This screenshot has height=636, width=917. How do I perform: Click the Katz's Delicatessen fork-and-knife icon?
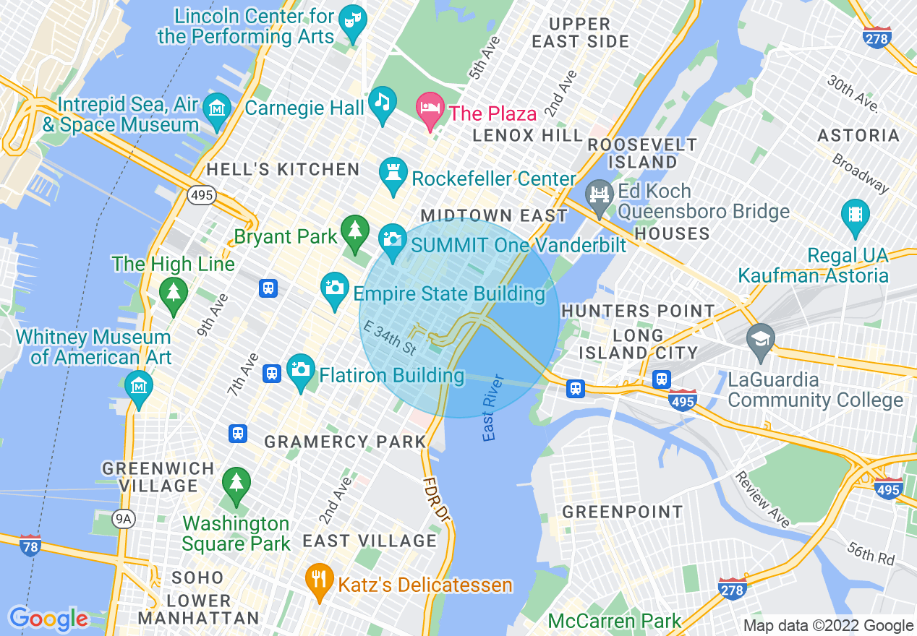tap(317, 577)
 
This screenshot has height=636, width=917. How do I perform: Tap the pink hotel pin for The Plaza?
tap(430, 109)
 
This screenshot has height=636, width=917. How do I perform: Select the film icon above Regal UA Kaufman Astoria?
tap(855, 215)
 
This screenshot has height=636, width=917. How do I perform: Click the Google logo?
tap(48, 619)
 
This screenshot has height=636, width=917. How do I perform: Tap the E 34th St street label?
tap(391, 338)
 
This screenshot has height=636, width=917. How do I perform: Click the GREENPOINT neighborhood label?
tap(623, 512)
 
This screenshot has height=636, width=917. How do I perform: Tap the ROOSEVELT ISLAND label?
tap(642, 153)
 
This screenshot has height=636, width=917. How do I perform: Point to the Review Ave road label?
tap(762, 499)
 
